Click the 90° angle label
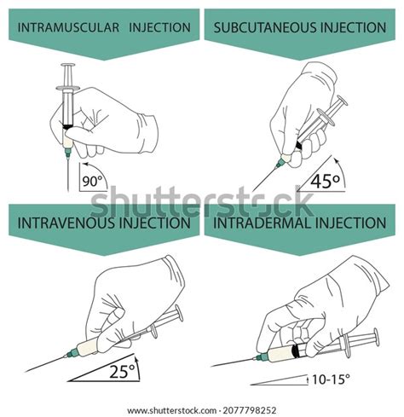click(90, 181)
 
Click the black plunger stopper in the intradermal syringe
click(295, 350)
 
